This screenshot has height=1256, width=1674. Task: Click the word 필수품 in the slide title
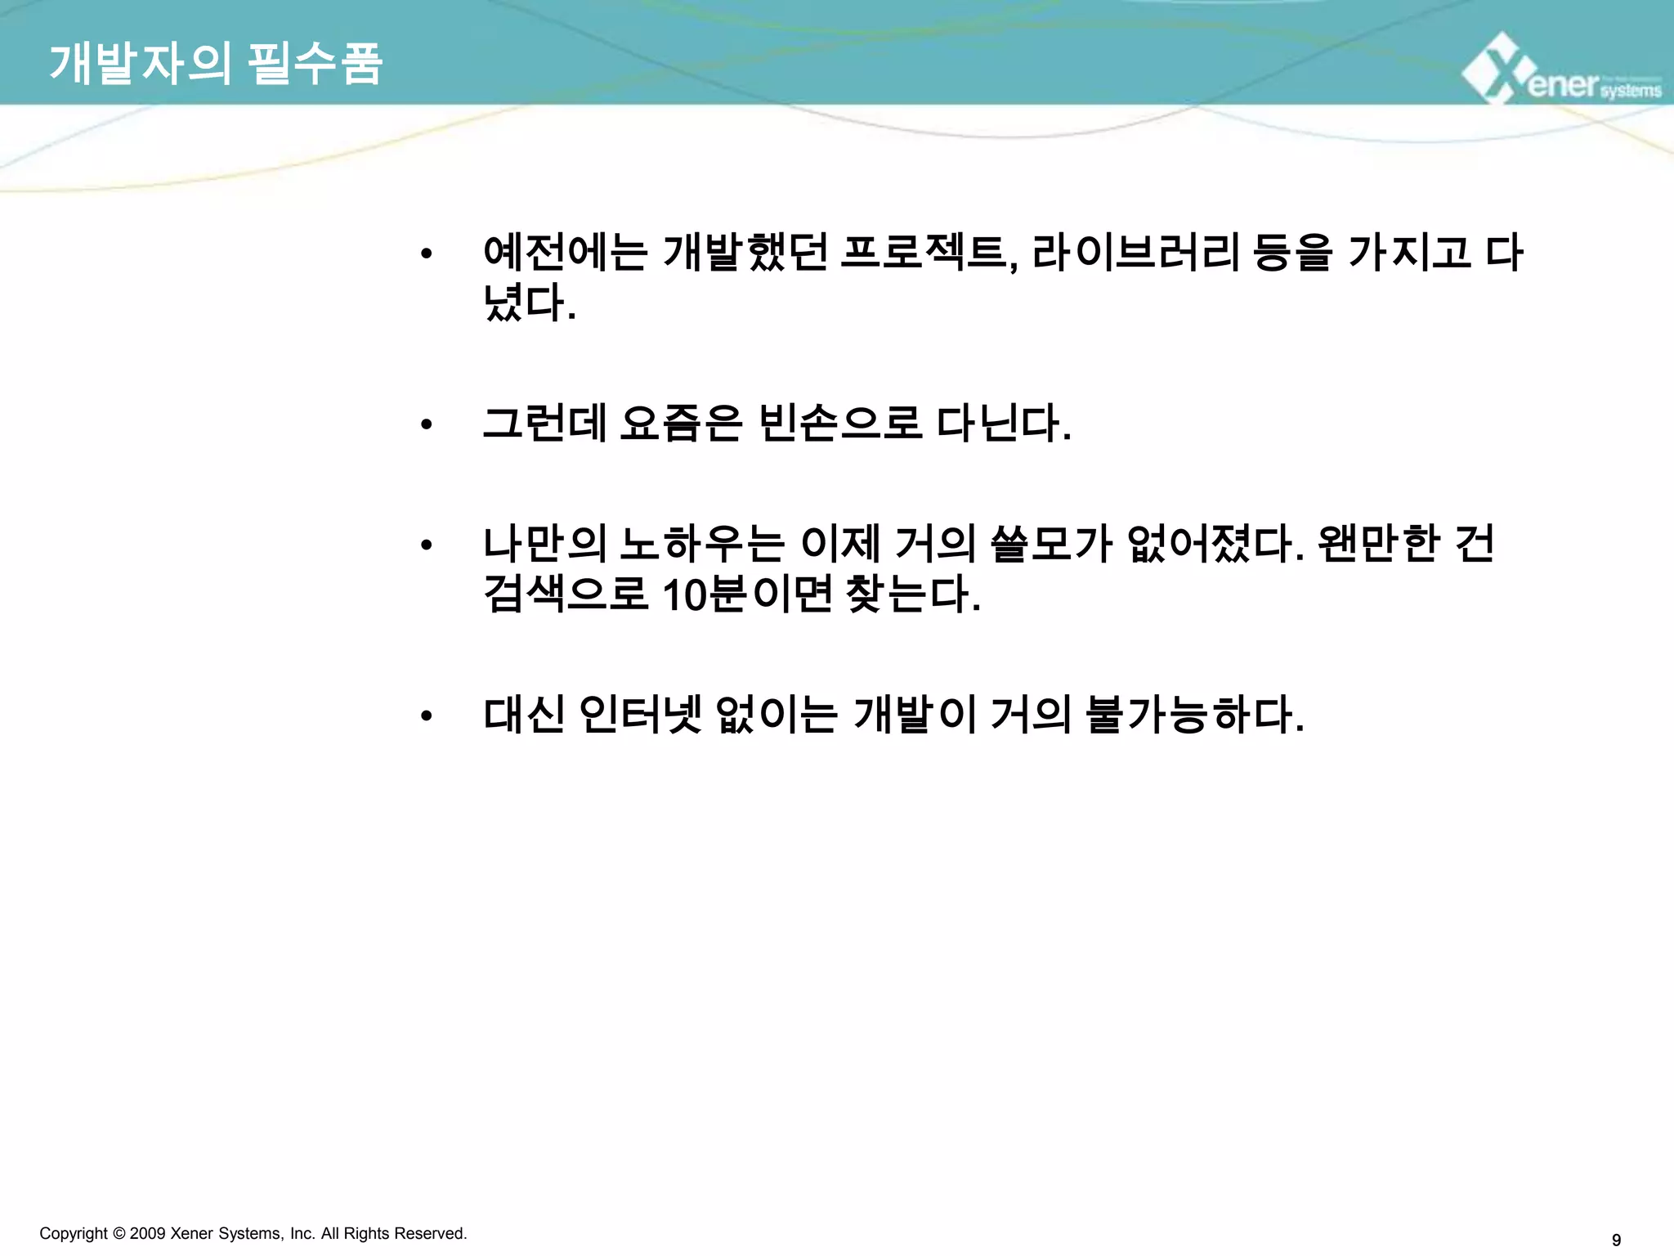(315, 64)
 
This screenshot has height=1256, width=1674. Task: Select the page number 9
(1615, 1240)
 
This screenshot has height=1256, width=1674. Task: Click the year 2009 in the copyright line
(148, 1233)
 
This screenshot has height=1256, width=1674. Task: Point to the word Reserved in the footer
(432, 1233)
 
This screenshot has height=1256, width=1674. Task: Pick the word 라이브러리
(1136, 252)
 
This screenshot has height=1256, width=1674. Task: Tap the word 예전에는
(565, 252)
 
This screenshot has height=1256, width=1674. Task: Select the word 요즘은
(681, 424)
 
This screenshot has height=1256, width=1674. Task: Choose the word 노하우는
(702, 544)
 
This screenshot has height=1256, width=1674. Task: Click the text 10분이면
(747, 594)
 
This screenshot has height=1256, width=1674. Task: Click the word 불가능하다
(1193, 715)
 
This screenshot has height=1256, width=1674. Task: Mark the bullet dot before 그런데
(425, 424)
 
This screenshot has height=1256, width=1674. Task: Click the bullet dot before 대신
(425, 716)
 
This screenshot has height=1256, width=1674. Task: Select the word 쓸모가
(1051, 544)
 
